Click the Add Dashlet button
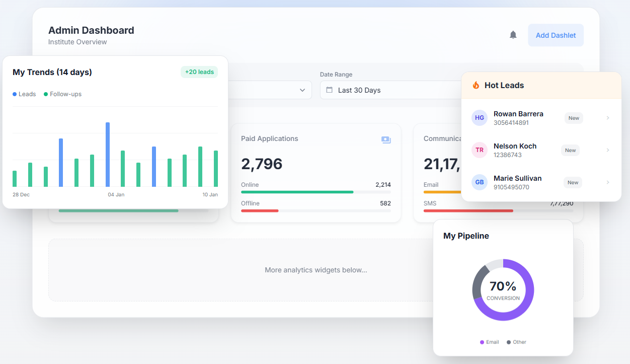(556, 35)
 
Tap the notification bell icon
(513, 35)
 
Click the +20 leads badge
(199, 72)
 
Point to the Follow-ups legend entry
(62, 94)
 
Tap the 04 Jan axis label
(116, 194)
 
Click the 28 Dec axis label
(21, 194)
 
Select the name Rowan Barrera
(518, 114)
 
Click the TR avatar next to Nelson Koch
(480, 150)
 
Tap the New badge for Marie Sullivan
(573, 182)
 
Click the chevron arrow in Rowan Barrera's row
(608, 118)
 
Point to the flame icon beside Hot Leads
(476, 85)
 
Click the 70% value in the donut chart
(503, 286)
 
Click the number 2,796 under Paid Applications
(262, 164)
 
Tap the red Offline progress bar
(260, 210)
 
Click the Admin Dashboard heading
(91, 30)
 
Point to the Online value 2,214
(383, 185)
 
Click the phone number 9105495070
(511, 187)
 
